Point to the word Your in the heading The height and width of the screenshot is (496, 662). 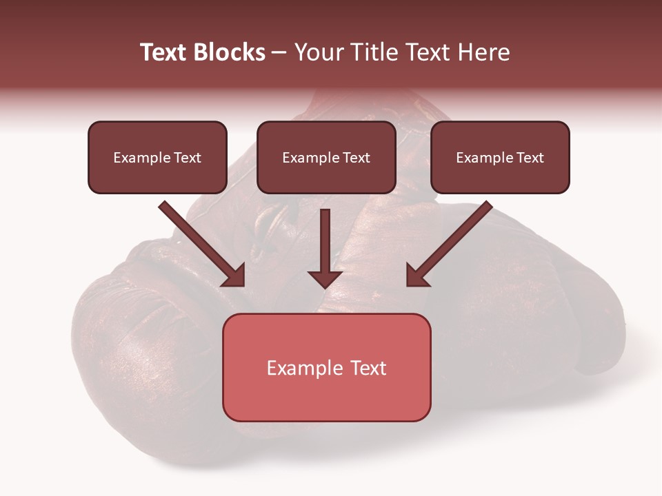pyautogui.click(x=320, y=52)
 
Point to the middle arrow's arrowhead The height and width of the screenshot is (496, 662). pyautogui.click(x=325, y=278)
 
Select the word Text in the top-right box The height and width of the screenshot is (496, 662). pyautogui.click(x=530, y=158)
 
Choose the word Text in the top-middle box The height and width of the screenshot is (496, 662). pyautogui.click(x=356, y=158)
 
